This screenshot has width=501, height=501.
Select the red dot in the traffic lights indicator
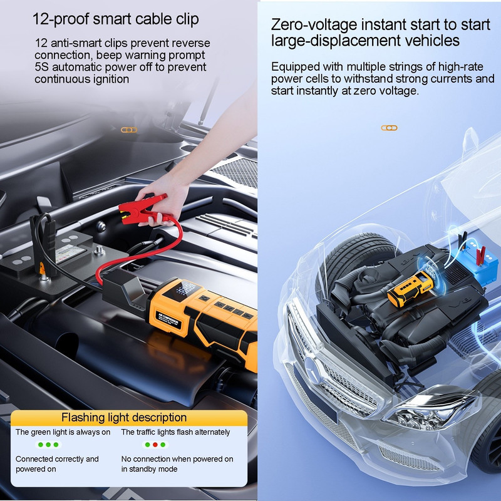point(155,445)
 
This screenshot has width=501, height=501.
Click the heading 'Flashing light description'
point(124,417)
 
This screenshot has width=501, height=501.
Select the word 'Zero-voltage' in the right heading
point(314,25)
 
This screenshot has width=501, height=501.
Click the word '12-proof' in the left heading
point(61,19)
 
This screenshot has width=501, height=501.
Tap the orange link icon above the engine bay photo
point(129,130)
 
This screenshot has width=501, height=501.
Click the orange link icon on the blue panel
point(389,128)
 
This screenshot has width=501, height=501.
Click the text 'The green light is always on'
point(63,432)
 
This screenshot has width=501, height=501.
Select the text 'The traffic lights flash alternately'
point(175,432)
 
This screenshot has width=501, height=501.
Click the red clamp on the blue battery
point(480,255)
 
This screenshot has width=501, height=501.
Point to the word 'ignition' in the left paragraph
point(111,79)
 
